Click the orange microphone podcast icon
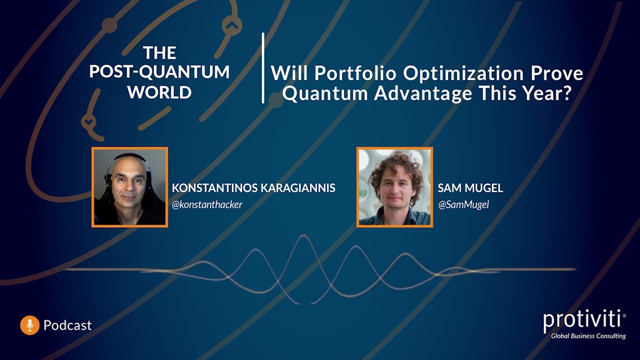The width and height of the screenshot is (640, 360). (29, 325)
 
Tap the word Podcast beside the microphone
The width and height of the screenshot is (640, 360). (67, 325)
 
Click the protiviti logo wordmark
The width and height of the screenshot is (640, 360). (582, 320)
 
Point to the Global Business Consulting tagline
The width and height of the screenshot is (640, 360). (588, 336)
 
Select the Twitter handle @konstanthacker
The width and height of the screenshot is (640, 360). (207, 204)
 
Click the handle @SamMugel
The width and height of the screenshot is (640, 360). (463, 204)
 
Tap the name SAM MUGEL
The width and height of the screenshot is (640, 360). (470, 188)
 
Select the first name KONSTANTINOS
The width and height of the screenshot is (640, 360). (214, 188)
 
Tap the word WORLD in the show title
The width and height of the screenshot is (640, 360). (159, 92)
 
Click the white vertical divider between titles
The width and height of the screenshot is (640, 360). (263, 68)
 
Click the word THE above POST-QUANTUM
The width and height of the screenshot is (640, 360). (159, 52)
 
